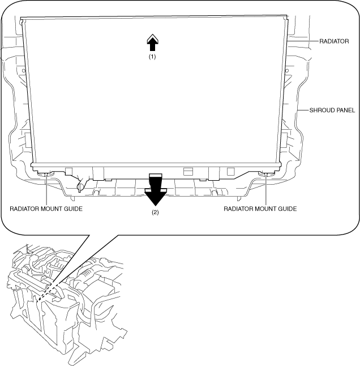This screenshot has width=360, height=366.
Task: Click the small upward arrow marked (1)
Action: point(152,42)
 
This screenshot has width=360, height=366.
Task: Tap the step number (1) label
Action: point(152,57)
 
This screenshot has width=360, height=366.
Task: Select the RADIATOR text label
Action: point(335,41)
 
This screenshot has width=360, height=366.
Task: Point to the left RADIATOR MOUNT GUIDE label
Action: point(46,208)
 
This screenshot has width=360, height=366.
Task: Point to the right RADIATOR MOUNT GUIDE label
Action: point(260,208)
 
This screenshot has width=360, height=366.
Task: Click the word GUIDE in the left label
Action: point(72,208)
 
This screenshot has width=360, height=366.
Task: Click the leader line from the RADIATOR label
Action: point(303,41)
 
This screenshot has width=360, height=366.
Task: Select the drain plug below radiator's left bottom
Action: point(80,186)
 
